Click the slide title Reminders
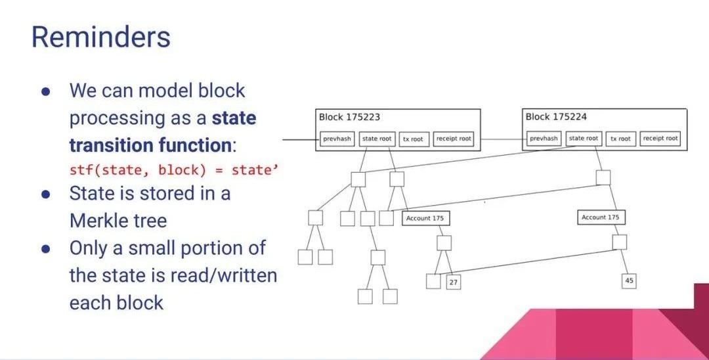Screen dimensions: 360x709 coord(100,37)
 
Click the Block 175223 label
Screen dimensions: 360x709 coord(349,118)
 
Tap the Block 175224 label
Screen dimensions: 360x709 coord(556,117)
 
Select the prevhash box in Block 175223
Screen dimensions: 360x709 coord(337,139)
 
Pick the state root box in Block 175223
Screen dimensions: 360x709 coord(378,139)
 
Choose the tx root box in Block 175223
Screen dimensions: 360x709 coord(413,139)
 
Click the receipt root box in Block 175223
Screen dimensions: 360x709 coord(453,139)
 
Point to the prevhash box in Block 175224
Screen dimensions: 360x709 coord(544,139)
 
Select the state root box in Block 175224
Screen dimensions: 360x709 coord(584,139)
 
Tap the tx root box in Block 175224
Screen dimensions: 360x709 coord(619,139)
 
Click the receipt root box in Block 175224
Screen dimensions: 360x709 coord(660,139)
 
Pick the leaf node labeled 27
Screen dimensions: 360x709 coord(454,282)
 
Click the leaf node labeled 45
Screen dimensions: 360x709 coord(629,281)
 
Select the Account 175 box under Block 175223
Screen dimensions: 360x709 coord(425,218)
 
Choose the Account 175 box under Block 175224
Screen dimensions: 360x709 coord(600,217)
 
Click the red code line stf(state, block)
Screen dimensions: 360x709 coord(174,169)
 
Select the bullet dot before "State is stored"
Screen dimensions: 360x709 coord(46,194)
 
